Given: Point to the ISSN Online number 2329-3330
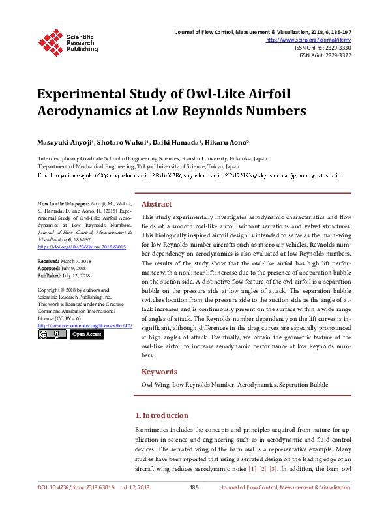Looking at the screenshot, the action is (x=337, y=48).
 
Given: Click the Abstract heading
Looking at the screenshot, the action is (x=157, y=185).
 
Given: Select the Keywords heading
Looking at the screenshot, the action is (x=160, y=372).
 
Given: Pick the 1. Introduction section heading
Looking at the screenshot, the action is (x=161, y=415).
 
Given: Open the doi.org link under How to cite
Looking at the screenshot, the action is (x=73, y=248).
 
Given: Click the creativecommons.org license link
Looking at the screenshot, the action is (x=85, y=325).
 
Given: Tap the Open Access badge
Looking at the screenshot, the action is (x=87, y=334).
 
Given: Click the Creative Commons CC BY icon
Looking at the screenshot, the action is (x=52, y=334).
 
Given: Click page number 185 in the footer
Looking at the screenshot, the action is (x=194, y=487).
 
